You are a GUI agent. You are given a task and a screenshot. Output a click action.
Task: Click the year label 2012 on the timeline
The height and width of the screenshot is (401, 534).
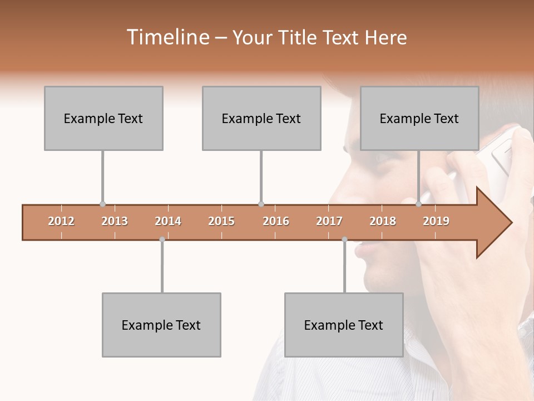(x=61, y=221)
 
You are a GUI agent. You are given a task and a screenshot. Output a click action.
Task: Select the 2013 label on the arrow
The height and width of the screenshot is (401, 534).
(x=115, y=221)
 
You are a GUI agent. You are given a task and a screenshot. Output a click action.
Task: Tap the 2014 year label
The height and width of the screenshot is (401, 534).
(x=168, y=221)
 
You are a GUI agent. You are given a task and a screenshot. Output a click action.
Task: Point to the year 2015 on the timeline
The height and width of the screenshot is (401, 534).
(x=221, y=221)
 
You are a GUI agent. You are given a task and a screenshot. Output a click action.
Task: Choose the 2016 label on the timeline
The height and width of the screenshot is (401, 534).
(x=276, y=221)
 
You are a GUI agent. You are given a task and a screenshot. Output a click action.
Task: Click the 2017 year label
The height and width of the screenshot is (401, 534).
(x=329, y=221)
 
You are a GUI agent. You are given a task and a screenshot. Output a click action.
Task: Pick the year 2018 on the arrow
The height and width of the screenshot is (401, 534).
(x=383, y=221)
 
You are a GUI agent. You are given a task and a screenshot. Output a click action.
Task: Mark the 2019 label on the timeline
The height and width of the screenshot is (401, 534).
(x=436, y=221)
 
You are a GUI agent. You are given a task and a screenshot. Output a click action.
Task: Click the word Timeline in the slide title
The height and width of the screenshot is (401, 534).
(x=167, y=37)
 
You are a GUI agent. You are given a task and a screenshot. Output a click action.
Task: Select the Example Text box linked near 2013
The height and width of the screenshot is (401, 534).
(x=103, y=118)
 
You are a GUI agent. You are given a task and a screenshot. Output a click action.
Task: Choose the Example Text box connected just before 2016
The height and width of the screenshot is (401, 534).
(x=261, y=118)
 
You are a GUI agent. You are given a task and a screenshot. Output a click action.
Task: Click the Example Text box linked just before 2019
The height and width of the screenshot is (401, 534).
(x=419, y=118)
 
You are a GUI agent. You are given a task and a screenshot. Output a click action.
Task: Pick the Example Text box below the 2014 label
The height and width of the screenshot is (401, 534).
(x=161, y=325)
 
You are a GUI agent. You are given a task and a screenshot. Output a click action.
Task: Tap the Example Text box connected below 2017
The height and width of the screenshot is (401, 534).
(x=344, y=325)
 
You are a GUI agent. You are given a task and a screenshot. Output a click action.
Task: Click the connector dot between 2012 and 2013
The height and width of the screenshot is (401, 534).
(x=102, y=204)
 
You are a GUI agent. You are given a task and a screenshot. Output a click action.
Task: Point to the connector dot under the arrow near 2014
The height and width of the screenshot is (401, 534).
(x=162, y=239)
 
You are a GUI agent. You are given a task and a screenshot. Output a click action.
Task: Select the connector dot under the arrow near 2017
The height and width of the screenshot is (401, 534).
(x=344, y=239)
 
